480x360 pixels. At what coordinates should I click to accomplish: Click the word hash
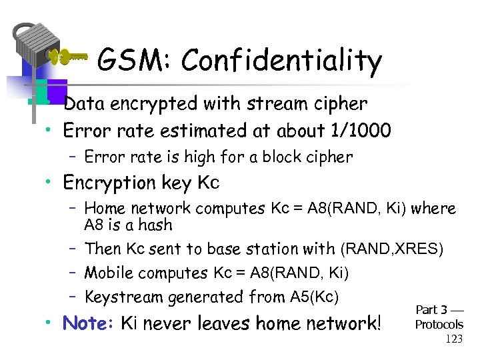tap(155, 225)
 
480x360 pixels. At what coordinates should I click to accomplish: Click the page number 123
tap(453, 339)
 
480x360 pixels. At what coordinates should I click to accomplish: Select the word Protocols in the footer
tap(439, 325)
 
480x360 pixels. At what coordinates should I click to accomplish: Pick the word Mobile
tap(109, 273)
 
